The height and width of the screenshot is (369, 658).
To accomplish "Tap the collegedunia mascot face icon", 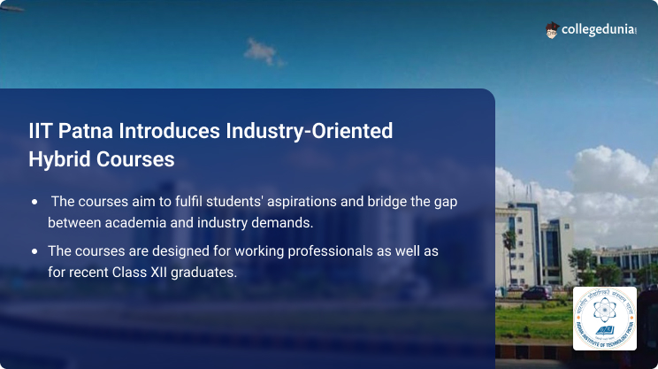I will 552,30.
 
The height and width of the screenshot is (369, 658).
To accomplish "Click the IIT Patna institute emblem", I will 604,318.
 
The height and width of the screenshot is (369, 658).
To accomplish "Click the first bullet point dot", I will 34,201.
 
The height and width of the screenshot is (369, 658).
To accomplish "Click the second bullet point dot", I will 34,252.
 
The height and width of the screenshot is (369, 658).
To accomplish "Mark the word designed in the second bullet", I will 184,252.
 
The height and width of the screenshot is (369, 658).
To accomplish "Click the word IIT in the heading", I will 41,132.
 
